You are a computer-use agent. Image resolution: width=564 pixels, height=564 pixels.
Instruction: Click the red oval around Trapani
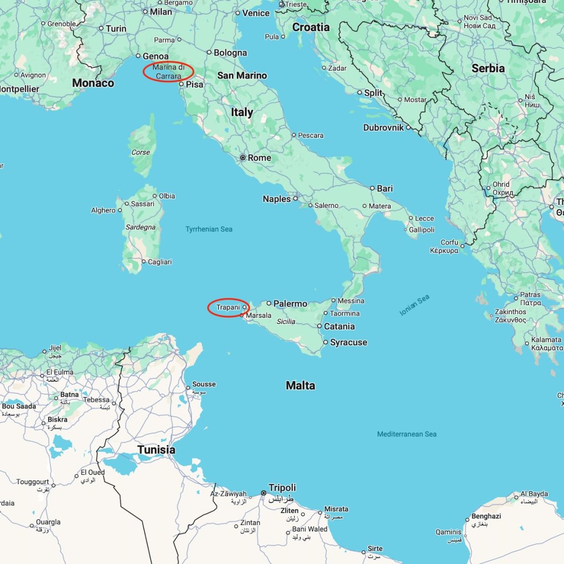[229, 307]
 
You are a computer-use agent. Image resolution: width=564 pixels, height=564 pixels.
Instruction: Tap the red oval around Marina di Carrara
[168, 72]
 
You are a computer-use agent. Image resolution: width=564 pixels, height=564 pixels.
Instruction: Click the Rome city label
[259, 158]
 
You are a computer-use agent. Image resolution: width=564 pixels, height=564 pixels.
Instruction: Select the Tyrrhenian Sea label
[209, 229]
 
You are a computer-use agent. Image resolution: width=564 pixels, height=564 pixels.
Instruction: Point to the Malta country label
[300, 386]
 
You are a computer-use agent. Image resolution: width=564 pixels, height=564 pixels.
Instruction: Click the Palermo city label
[290, 303]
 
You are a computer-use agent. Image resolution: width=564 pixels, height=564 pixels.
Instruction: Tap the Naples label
[276, 199]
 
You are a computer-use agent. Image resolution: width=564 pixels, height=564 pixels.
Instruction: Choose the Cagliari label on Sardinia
[160, 262]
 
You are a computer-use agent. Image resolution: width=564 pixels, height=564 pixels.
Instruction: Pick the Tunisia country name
[156, 449]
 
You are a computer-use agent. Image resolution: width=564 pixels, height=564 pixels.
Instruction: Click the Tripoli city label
[282, 487]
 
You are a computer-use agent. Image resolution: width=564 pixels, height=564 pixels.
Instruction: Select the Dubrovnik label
[383, 128]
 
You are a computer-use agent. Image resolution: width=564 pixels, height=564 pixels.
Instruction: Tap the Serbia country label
[488, 68]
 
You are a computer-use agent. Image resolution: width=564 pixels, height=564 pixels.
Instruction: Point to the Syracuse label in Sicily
[348, 342]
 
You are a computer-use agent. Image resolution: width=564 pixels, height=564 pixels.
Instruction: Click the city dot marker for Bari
[372, 188]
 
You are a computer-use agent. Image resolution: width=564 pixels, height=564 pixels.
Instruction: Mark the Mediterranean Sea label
[406, 434]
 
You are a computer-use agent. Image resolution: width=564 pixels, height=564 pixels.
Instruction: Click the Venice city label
[256, 13]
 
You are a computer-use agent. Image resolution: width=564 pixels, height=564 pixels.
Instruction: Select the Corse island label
[140, 153]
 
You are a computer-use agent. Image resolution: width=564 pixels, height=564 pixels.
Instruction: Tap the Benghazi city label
[486, 517]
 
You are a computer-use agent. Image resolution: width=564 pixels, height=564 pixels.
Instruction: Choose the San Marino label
[242, 75]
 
